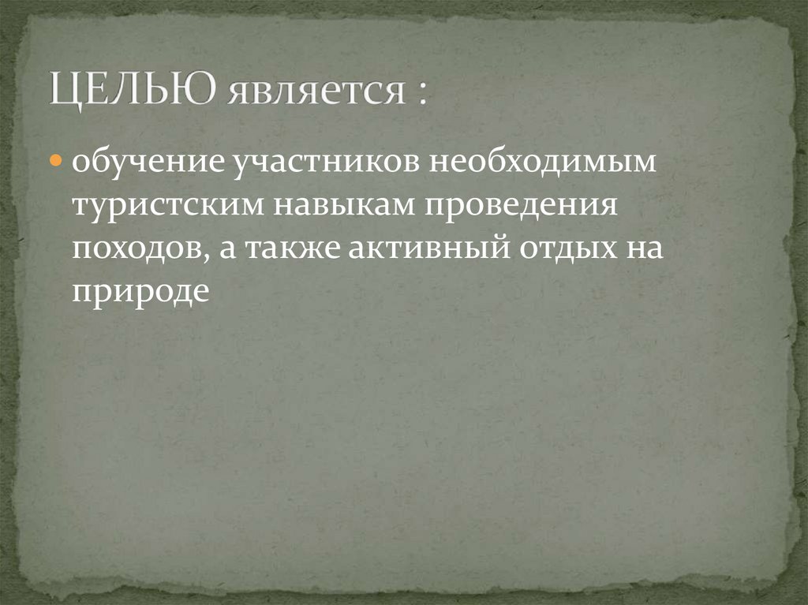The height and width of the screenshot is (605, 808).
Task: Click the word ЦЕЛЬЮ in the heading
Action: [x=132, y=90]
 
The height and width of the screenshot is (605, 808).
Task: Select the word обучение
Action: [x=146, y=163]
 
